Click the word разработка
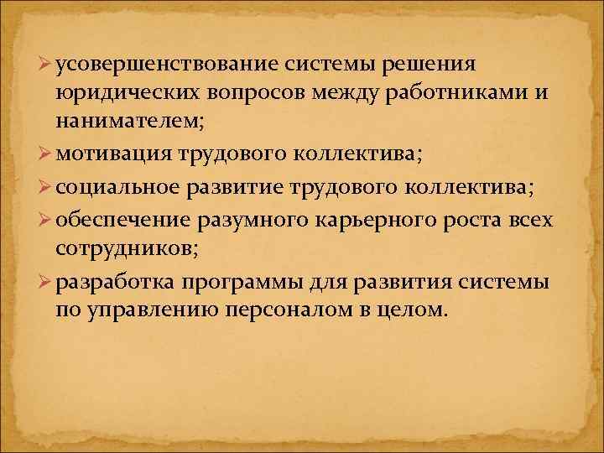point(121,281)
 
